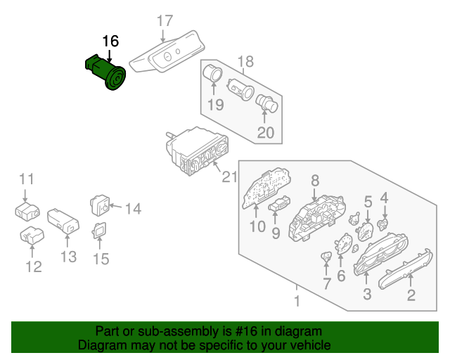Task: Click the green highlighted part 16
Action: [x=105, y=72]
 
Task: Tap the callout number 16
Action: [x=110, y=41]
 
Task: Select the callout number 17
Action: [x=164, y=21]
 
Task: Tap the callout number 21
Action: [x=230, y=177]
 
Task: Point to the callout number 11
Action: [x=26, y=178]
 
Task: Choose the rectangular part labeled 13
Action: [x=64, y=220]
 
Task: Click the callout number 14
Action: [x=133, y=207]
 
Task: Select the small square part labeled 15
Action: [x=101, y=229]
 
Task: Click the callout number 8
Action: [x=315, y=180]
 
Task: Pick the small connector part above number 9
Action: [x=280, y=205]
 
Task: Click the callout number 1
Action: [x=297, y=302]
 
